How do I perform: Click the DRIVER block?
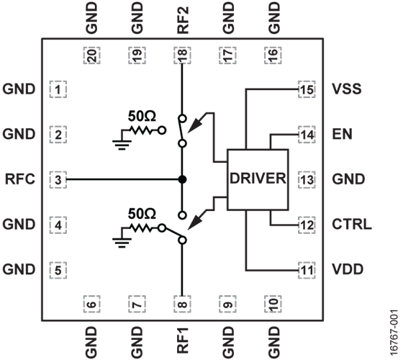258,179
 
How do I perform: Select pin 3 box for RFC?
58,180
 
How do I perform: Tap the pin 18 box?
182,55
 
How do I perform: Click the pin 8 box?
182,304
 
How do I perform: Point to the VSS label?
346,89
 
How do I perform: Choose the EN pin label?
342,134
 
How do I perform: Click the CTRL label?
352,224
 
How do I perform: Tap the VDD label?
348,269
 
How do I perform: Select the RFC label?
20,179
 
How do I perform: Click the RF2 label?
183,20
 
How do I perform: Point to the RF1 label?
183,340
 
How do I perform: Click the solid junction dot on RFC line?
182,179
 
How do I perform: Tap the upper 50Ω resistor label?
142,116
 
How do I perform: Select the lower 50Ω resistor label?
142,214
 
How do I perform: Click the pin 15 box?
307,89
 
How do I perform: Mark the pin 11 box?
307,270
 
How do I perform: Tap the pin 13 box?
307,180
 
